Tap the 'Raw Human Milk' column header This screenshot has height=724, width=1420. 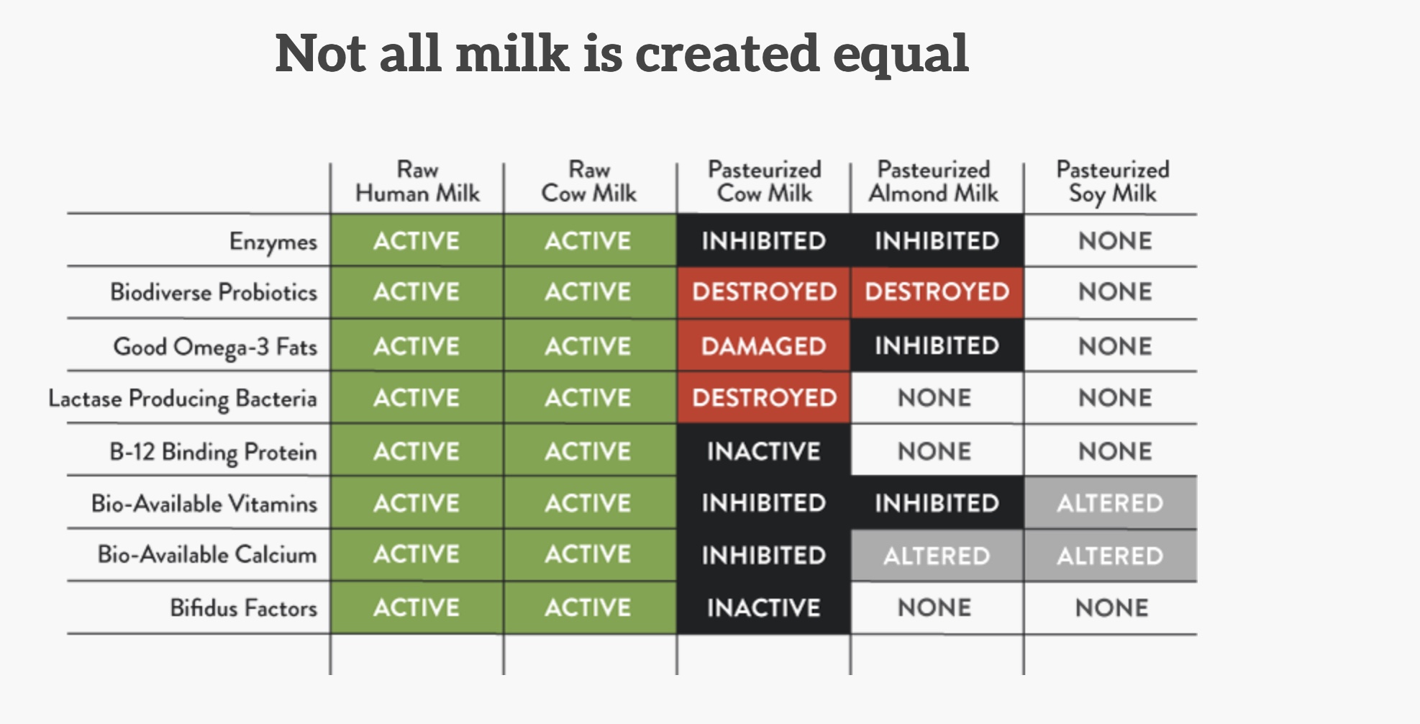point(417,181)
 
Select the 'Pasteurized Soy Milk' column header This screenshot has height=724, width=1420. point(1112,182)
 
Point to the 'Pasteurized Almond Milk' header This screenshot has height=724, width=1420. point(934,181)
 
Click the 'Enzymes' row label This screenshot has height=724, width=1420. point(273,242)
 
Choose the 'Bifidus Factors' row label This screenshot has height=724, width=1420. point(243,608)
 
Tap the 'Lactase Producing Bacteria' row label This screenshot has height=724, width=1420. point(183,399)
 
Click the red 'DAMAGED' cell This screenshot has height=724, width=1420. point(763,346)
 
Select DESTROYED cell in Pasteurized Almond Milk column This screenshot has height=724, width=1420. point(937,292)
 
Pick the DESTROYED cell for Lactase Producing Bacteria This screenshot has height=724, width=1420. point(763,398)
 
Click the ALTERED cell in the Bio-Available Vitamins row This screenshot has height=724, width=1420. point(1110,503)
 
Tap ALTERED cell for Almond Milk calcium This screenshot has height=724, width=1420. point(937,556)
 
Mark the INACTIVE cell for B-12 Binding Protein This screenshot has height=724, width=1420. point(763,451)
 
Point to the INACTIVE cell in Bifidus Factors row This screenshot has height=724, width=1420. point(763,608)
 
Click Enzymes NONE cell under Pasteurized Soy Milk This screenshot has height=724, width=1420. point(1114,241)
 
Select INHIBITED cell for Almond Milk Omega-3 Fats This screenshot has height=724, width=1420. point(937,346)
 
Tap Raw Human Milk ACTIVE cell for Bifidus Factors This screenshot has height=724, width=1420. point(417,608)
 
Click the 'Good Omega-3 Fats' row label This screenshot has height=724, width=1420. point(215,347)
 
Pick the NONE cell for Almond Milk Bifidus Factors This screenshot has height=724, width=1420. point(934,608)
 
